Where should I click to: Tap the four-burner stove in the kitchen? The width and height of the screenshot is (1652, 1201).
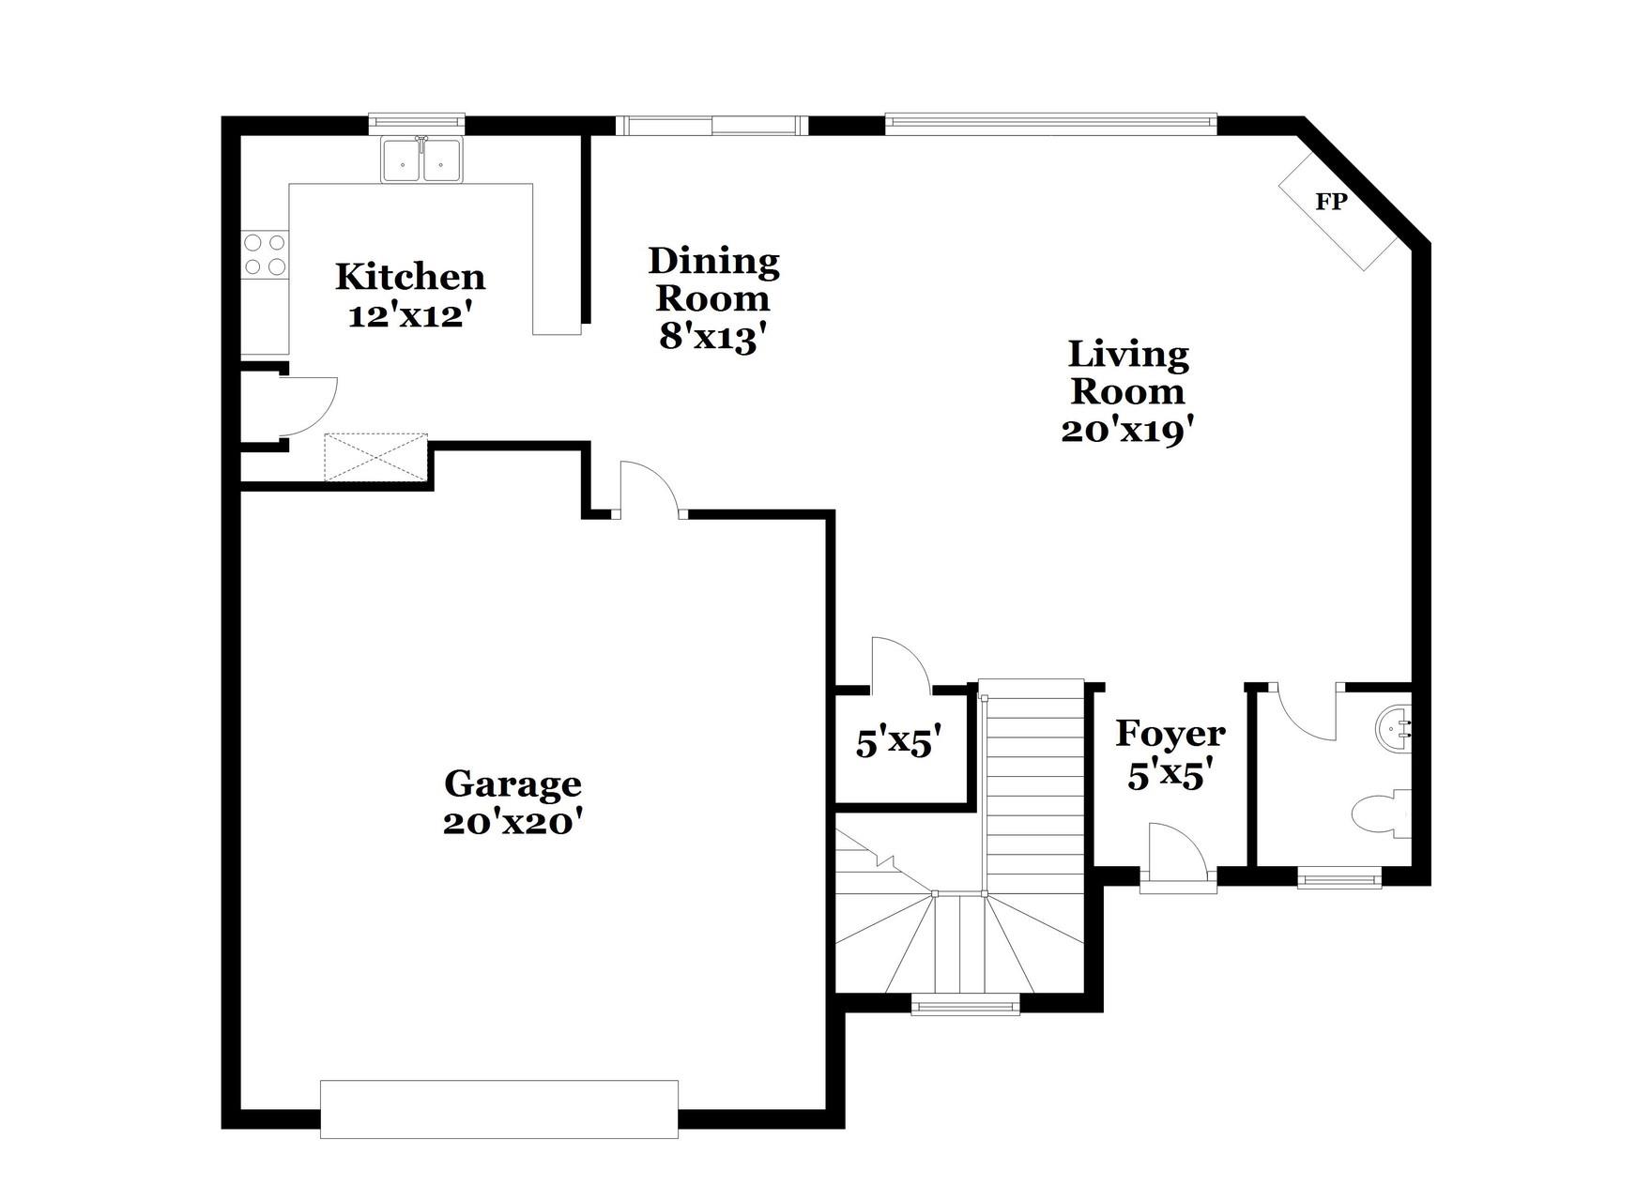[x=265, y=254]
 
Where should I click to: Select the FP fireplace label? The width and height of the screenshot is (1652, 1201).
[x=1330, y=202]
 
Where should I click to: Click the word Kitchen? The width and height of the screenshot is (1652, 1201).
[x=410, y=277]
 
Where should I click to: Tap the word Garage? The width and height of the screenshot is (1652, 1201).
[x=512, y=783]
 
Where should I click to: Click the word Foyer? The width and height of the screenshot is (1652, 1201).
[x=1170, y=734]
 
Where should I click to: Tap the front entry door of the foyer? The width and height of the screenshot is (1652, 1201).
[x=1178, y=854]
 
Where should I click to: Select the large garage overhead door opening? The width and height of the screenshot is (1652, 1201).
[x=498, y=1109]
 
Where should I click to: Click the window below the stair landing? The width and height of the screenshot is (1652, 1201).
[x=965, y=1007]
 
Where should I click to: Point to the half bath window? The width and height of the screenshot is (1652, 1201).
[x=1339, y=879]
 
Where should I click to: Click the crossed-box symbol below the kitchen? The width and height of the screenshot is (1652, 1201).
[x=375, y=458]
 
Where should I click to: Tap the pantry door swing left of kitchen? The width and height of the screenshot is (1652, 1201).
[x=308, y=405]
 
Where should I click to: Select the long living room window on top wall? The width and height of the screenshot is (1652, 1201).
[x=1050, y=122]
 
